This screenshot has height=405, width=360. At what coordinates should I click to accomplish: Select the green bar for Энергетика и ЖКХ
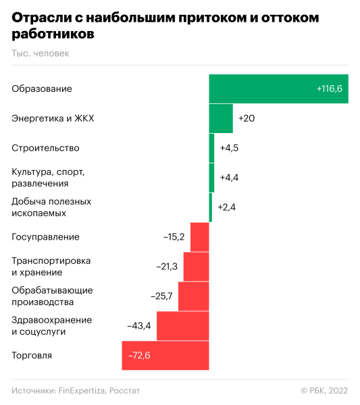[x=221, y=118]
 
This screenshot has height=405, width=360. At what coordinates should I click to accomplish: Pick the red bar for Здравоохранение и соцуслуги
[x=182, y=325]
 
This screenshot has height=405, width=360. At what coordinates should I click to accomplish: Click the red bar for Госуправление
[x=199, y=237]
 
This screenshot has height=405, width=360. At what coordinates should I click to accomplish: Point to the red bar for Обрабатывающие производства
[x=193, y=296]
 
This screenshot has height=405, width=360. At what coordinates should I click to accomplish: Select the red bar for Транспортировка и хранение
[x=196, y=266]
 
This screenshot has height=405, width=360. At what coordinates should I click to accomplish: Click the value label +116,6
[x=330, y=89]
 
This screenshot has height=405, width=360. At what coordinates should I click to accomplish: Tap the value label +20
[x=247, y=119]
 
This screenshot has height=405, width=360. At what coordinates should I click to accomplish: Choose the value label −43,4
[x=139, y=326]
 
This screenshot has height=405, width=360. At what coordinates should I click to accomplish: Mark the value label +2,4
[x=226, y=207]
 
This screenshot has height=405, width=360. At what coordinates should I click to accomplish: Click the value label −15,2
[x=174, y=237]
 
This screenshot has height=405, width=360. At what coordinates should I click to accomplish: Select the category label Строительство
[x=45, y=148]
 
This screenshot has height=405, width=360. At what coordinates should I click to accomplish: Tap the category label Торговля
[x=32, y=356]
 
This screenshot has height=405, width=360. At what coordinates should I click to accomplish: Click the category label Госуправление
[x=45, y=237]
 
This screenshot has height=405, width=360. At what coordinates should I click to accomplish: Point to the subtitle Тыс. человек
[x=40, y=53]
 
